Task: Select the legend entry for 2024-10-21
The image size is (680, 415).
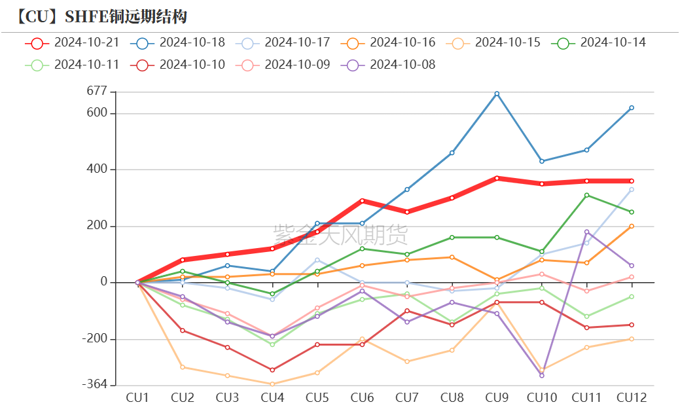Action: pos(72,43)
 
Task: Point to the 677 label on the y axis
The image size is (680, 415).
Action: pos(96,92)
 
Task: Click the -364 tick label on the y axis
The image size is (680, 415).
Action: pos(94,384)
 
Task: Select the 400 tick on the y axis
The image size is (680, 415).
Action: pos(96,170)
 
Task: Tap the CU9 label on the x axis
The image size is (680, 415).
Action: pos(497,397)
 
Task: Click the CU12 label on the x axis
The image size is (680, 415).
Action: pos(631,397)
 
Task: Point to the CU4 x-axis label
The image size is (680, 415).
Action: pos(272,397)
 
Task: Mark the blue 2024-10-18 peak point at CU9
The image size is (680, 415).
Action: pos(497,94)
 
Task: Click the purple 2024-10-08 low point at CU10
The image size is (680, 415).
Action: pos(542,375)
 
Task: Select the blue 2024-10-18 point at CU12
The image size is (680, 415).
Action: pos(632,108)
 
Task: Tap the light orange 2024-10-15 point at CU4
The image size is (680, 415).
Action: pos(272,384)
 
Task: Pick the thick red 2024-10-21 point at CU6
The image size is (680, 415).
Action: pos(362,201)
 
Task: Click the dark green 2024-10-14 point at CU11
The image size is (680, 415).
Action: pos(586,195)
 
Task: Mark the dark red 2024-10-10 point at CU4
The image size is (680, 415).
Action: pos(272,370)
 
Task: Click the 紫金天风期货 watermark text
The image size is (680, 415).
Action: pos(340,234)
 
